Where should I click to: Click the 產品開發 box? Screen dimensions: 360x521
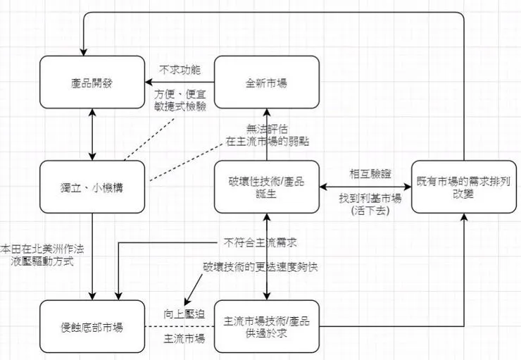92,82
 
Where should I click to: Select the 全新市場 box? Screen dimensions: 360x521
267,82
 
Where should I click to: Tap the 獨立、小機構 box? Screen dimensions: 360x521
92,187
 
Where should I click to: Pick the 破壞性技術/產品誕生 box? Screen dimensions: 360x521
267,187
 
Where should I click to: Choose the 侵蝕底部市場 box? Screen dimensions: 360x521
92,326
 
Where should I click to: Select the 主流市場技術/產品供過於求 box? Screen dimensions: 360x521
267,326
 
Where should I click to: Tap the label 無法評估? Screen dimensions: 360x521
267,128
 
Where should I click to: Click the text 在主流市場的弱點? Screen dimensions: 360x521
267,141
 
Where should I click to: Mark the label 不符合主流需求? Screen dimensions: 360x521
260,242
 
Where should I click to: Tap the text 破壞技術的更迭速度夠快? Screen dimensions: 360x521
260,268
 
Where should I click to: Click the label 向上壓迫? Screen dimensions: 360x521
184,314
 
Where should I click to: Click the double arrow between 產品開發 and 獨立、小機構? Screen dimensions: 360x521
92,135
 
